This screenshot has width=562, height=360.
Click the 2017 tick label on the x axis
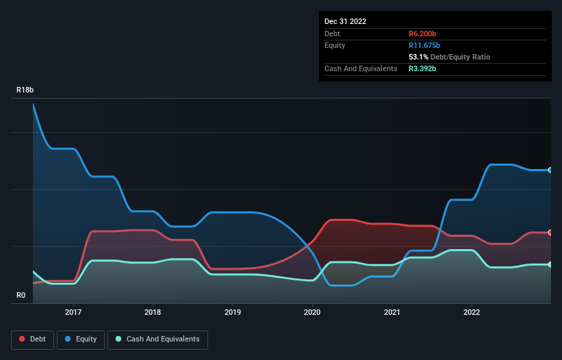[x=73, y=312]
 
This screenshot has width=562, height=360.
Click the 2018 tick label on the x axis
[x=153, y=312]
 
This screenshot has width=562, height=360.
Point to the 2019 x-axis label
[x=233, y=312]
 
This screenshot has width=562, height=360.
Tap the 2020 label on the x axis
[x=312, y=312]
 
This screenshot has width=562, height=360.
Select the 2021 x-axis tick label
[x=392, y=312]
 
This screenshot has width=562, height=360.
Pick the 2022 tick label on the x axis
[x=472, y=312]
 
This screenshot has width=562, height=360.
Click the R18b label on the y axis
[x=25, y=90]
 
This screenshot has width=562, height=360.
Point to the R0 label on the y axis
[x=21, y=296]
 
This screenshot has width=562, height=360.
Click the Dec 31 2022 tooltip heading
[x=345, y=21]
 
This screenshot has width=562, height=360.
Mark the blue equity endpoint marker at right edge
[x=550, y=170]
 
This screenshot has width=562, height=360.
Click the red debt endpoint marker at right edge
[x=550, y=233]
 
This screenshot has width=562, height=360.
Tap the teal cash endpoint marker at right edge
[x=550, y=264]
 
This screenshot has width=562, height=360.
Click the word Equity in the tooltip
[x=335, y=45]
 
